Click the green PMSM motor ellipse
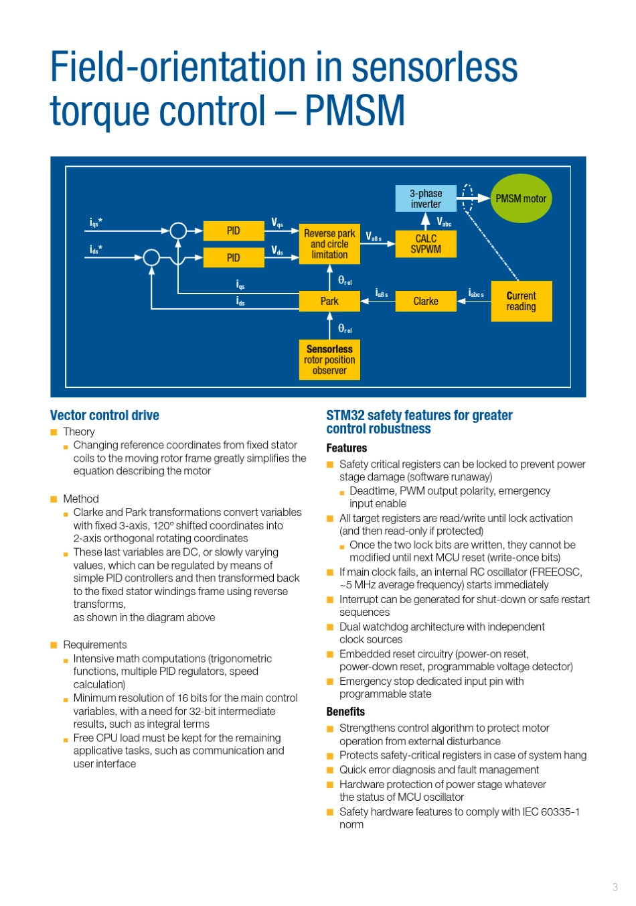tap(521, 198)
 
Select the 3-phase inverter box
tap(426, 198)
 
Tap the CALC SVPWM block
tap(426, 244)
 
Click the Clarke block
tap(426, 301)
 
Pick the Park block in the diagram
tap(329, 301)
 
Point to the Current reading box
tap(521, 301)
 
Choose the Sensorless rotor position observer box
tap(329, 360)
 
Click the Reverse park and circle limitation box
tap(329, 244)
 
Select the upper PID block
tap(233, 231)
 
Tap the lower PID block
tap(233, 257)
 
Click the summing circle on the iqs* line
tap(178, 231)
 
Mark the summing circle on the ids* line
tap(152, 257)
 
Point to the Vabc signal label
tap(444, 221)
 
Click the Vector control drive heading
tap(104, 415)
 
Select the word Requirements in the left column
tap(94, 645)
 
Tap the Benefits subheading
tap(345, 712)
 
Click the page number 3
tap(615, 887)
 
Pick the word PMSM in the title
tap(355, 111)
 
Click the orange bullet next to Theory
tap(54, 432)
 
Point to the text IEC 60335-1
tap(551, 812)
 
